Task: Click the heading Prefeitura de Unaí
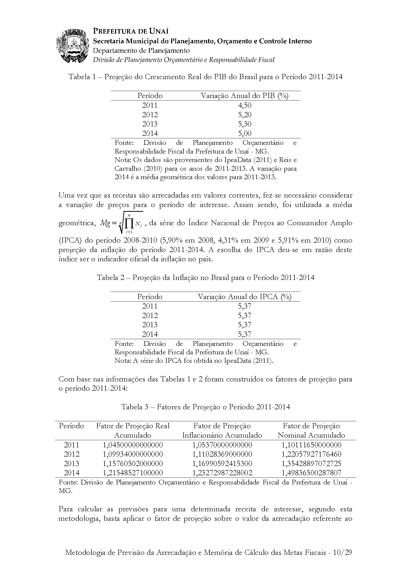pos(131,31)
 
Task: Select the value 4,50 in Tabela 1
pos(245,105)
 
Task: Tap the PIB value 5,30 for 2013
pos(245,124)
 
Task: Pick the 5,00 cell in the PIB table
pos(245,133)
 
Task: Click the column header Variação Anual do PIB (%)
pos(244,96)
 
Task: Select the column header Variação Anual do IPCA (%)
pos(244,297)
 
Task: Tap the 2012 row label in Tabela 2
pos(150,315)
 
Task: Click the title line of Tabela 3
pos(205,407)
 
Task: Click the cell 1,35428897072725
pos(311,463)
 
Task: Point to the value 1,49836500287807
pos(311,473)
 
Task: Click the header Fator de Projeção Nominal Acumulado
pos(311,431)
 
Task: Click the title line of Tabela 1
pos(205,77)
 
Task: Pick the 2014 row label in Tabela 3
pos(71,473)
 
